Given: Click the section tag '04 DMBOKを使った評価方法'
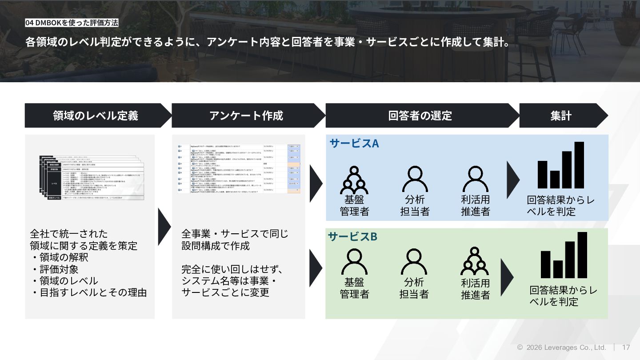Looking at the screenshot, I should pos(72,23).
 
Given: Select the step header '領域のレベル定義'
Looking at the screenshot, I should pos(96,116).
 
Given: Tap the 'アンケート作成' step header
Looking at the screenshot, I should pos(246,116).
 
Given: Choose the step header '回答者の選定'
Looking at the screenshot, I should pos(420,116).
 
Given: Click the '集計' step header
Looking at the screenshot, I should pos(561,116).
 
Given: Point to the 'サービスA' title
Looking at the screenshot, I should pos(354,143).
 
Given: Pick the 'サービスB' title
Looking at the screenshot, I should pos(352,236).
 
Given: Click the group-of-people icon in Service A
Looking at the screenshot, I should pos(354,180).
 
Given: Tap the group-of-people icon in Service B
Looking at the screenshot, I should pos(475,261).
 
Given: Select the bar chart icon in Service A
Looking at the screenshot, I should pos(560,165).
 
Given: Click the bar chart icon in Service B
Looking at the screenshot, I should pos(564,256).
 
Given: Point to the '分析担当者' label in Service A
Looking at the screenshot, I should pos(415,205).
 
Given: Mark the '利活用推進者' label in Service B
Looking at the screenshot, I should pos(475,289).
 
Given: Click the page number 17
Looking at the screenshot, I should pos(626,348).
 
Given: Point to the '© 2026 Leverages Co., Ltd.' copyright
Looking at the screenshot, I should pos(561,348).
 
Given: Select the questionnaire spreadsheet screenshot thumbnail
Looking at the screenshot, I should pos(239,168).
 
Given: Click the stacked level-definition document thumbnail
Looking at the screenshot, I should pos(92,177).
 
